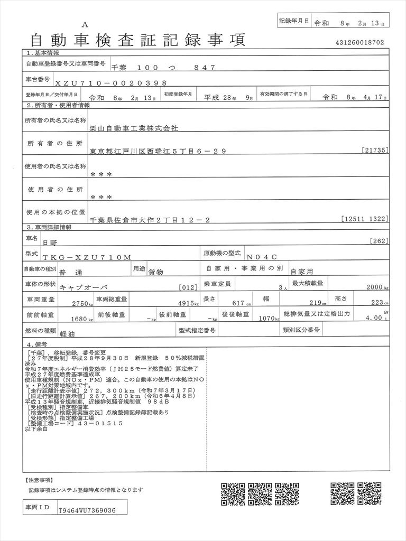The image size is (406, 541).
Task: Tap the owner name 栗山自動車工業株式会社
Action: point(135,128)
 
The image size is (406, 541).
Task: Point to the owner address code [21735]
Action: point(376,151)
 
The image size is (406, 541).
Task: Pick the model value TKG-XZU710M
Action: point(86,257)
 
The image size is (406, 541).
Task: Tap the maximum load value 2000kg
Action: point(377,287)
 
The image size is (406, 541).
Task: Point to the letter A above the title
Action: point(85,25)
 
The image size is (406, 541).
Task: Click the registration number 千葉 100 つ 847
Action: point(164,68)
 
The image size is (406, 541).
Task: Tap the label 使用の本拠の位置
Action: point(56,212)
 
